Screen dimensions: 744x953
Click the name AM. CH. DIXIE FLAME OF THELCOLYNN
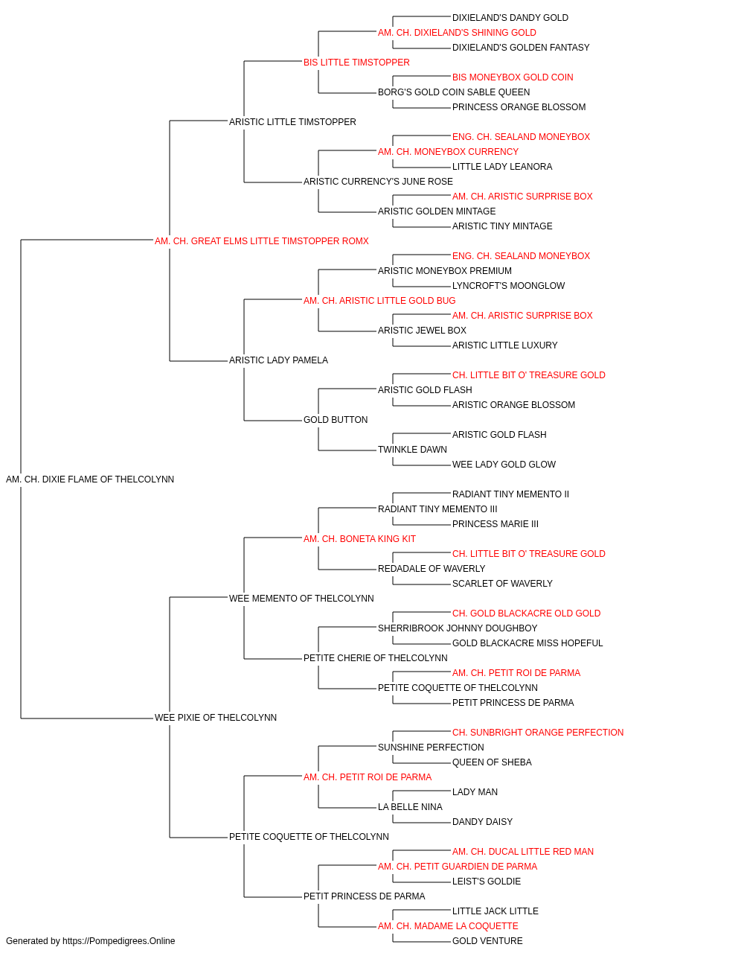tap(90, 479)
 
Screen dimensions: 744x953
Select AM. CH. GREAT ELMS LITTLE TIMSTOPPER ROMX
tap(262, 241)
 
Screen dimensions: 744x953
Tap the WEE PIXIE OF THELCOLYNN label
tap(216, 718)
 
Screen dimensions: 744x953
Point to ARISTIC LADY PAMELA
tap(278, 360)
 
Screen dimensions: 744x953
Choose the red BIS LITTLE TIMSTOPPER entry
tap(356, 63)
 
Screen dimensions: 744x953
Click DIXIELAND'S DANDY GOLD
tap(510, 18)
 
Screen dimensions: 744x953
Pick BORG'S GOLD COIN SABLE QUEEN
tap(454, 92)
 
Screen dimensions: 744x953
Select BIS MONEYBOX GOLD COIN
tap(513, 77)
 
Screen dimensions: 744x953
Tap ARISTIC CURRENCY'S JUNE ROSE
tap(378, 182)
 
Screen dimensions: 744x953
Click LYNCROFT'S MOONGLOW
tap(508, 285)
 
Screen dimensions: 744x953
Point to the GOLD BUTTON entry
tap(336, 420)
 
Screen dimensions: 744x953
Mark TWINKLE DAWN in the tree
tap(412, 450)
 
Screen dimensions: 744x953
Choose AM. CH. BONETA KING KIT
tap(359, 539)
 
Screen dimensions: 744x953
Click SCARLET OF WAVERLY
tap(502, 584)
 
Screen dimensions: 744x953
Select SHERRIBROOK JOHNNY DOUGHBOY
tap(458, 628)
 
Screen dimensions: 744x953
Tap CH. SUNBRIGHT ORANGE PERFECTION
tap(538, 733)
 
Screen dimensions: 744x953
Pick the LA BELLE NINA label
tap(410, 807)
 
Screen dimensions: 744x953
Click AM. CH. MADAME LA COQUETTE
tap(448, 925)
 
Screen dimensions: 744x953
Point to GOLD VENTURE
tap(487, 941)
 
